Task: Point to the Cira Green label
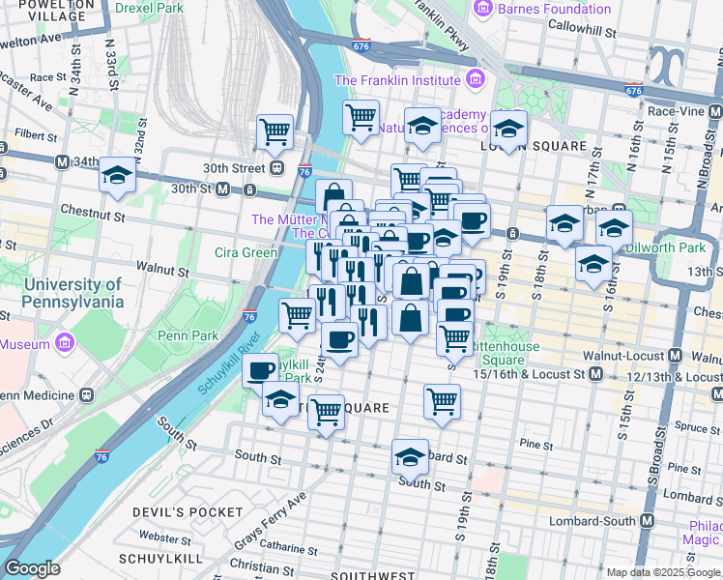click(246, 253)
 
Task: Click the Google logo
click(32, 568)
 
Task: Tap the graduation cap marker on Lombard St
click(410, 456)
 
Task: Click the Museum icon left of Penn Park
click(65, 343)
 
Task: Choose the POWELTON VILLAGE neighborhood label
click(47, 11)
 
